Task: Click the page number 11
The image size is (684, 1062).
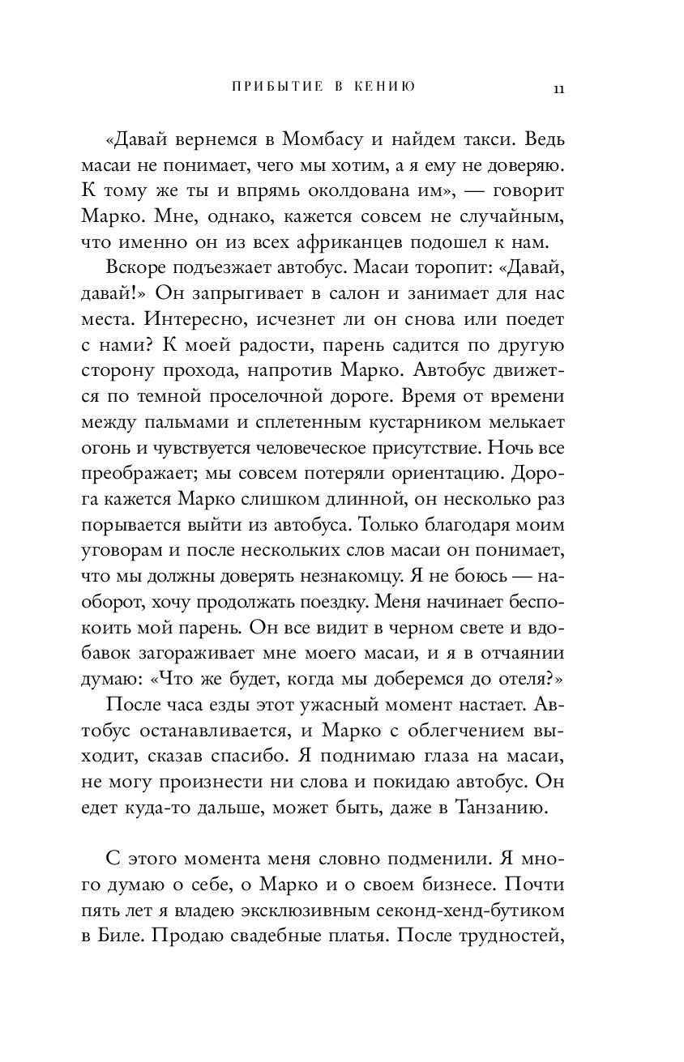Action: pos(558,89)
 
